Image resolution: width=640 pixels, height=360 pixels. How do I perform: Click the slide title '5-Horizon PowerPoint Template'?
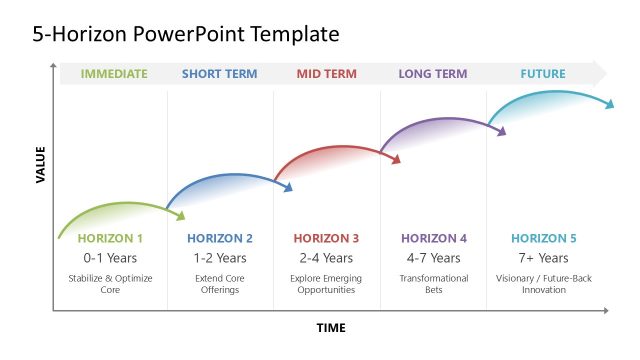[186, 35]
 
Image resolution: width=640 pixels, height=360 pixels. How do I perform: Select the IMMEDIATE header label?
[113, 74]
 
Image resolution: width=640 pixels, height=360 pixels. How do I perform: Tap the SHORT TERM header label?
[220, 74]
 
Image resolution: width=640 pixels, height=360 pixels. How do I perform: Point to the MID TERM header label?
[327, 74]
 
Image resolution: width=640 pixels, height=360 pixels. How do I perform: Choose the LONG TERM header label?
[433, 74]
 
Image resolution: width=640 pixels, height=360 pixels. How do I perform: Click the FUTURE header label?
[543, 74]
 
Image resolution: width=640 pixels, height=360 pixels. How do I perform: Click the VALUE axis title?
[41, 165]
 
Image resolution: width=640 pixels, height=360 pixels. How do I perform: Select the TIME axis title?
[331, 328]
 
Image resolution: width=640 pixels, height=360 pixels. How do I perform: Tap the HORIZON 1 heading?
[110, 239]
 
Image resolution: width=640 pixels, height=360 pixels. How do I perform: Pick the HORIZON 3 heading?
[326, 239]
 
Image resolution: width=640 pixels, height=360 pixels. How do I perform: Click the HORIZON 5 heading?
[543, 239]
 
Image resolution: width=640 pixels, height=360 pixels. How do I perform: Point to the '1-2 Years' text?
[219, 258]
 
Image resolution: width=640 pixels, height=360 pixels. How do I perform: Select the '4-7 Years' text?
[434, 258]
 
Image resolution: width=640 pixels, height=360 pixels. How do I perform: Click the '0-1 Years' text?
[110, 258]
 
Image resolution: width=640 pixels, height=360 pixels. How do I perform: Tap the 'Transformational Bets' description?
[434, 284]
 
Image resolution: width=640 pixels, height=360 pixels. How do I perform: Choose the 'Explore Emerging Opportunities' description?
[326, 284]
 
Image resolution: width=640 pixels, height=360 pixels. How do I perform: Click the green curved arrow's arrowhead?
[180, 214]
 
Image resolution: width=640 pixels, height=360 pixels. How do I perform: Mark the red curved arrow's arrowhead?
[395, 158]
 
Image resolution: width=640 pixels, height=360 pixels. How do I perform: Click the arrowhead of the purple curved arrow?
[502, 130]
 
